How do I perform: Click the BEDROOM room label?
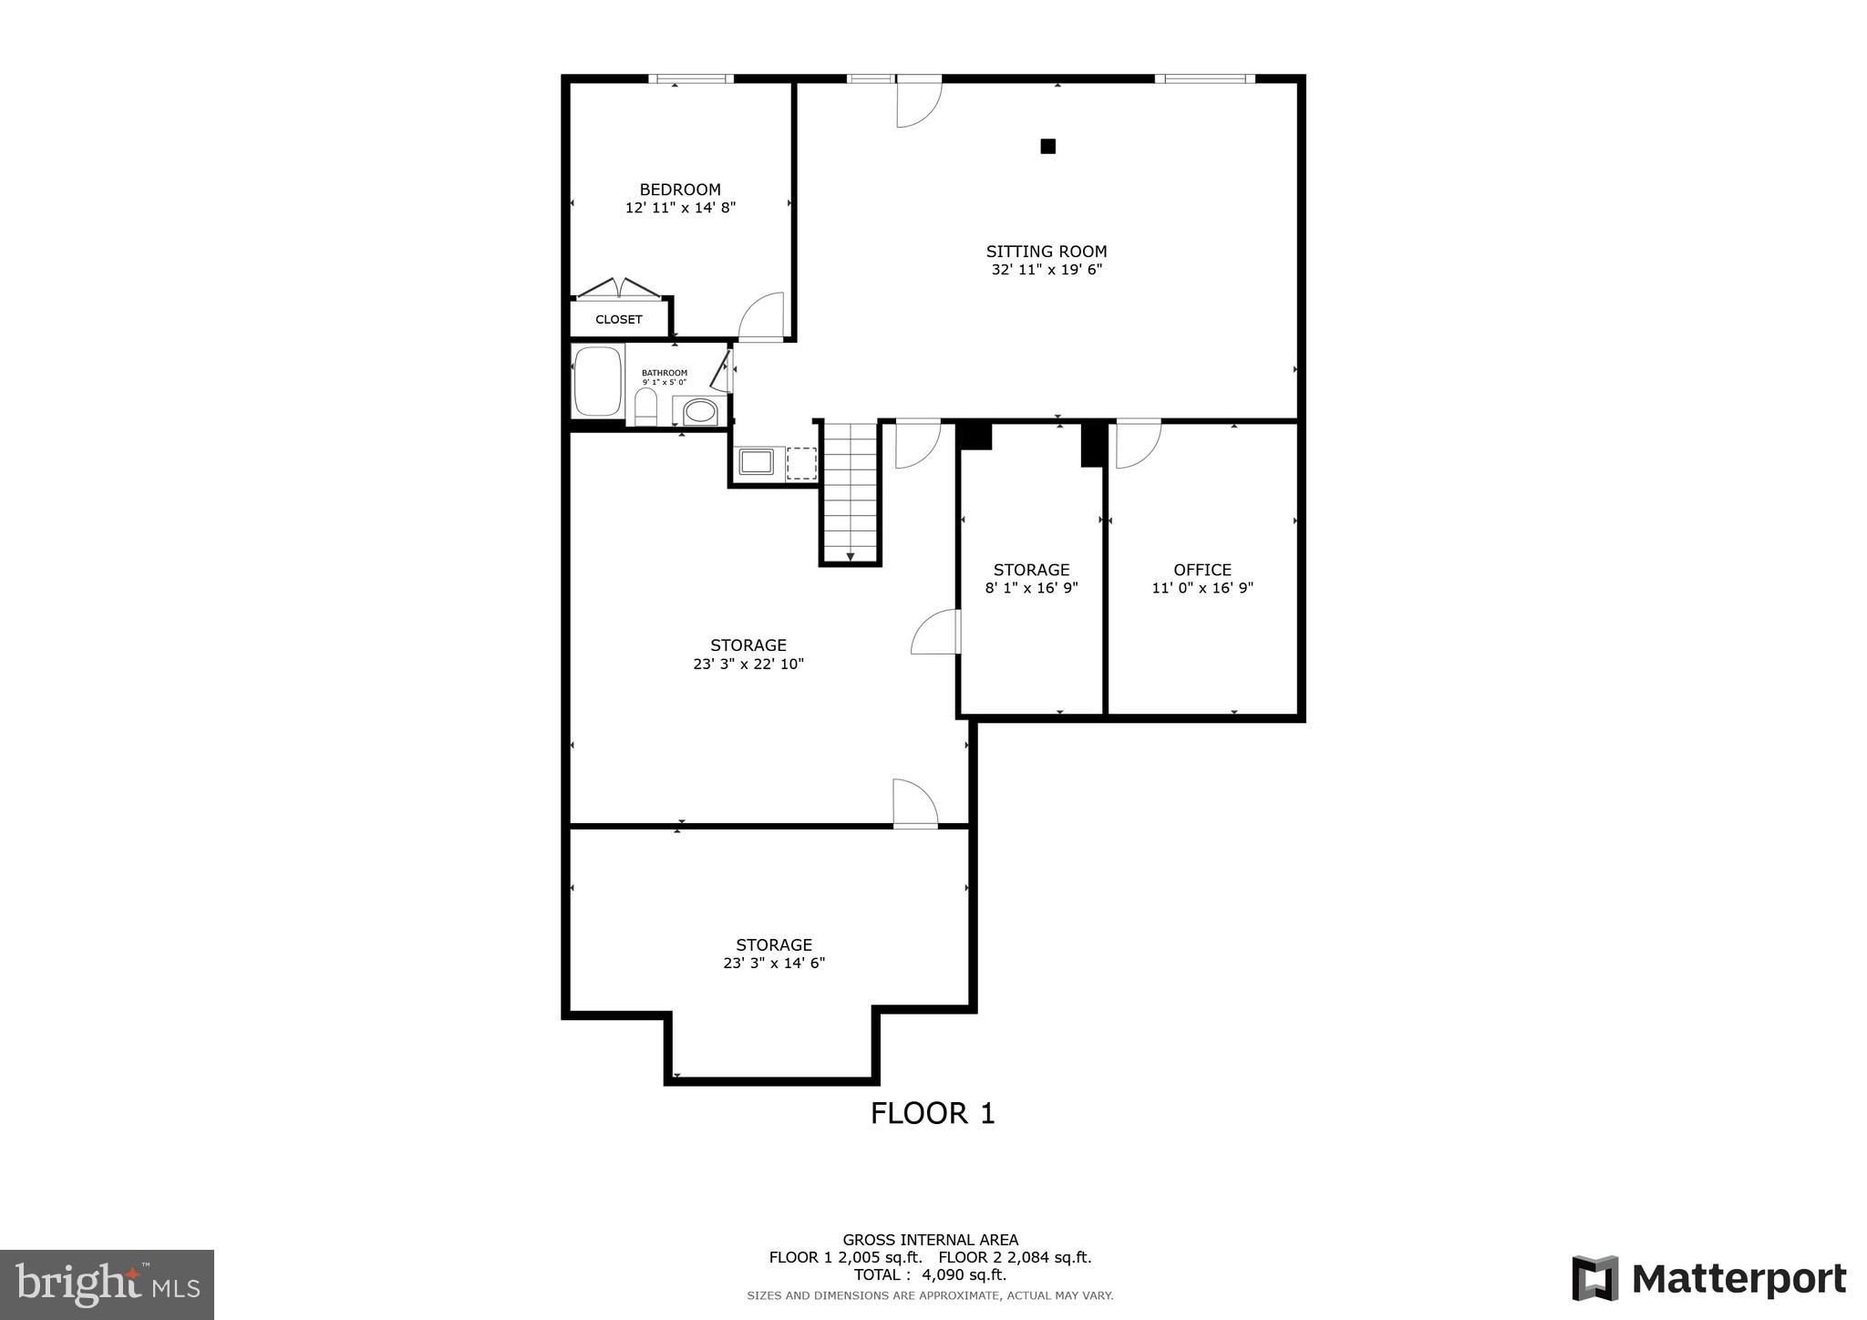[680, 190]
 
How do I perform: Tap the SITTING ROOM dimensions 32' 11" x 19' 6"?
[1047, 270]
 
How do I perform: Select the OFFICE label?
[1202, 570]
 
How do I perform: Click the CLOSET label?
[619, 320]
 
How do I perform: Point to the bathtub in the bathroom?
[597, 382]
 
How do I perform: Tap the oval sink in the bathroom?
[700, 411]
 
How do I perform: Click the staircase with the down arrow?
[850, 492]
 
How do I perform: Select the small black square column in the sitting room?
[1048, 146]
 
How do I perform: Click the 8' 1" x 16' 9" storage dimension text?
[1031, 589]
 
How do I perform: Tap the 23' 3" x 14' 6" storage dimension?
[774, 964]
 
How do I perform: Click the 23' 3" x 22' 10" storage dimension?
[748, 665]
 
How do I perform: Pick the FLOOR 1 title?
[933, 1113]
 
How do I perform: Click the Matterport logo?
[1708, 1278]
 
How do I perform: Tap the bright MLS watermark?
[107, 1284]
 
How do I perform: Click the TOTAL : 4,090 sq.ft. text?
[930, 1274]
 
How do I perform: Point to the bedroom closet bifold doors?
[619, 289]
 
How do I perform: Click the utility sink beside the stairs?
[756, 462]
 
